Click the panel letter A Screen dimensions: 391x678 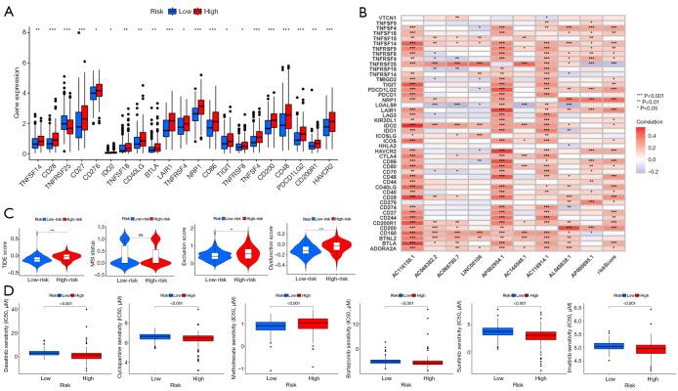tap(7, 8)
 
